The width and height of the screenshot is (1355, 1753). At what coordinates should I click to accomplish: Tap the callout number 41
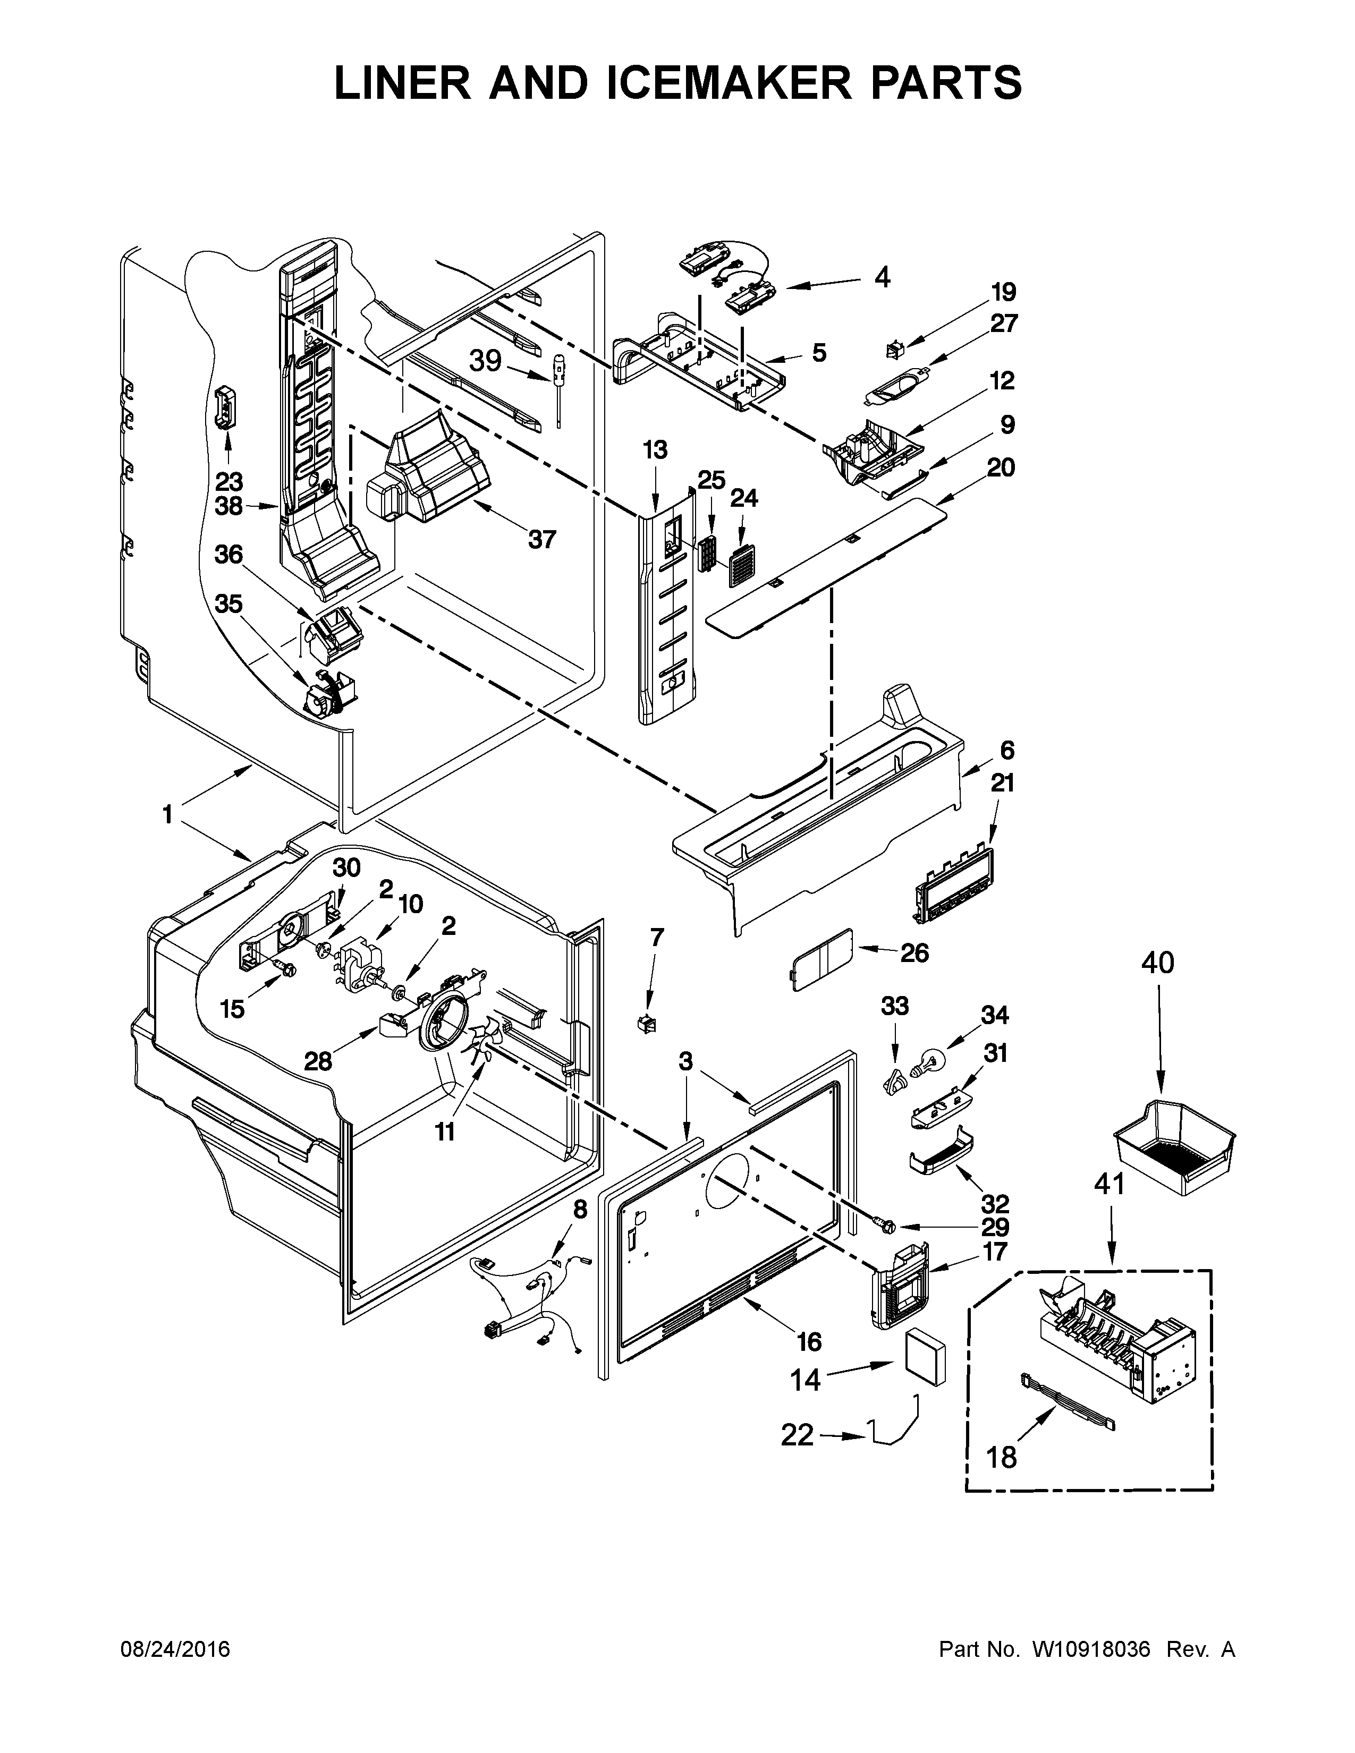1110,1184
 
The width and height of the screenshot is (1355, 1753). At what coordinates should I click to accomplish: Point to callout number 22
797,1435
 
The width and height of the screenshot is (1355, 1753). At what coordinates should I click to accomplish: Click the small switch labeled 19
893,349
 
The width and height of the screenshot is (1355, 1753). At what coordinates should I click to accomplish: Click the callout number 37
542,539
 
